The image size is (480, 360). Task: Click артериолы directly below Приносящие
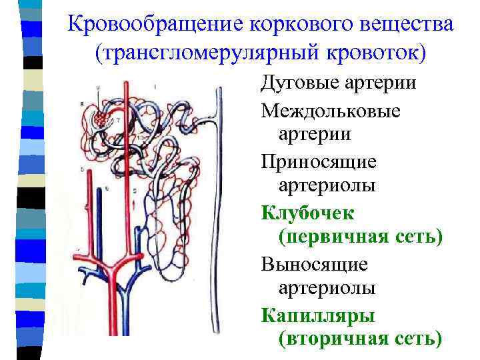pyautogui.click(x=327, y=185)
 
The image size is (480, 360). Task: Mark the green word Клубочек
pyautogui.click(x=308, y=213)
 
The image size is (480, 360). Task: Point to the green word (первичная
pyautogui.click(x=330, y=237)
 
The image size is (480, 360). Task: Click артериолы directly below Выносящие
pyautogui.click(x=327, y=288)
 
